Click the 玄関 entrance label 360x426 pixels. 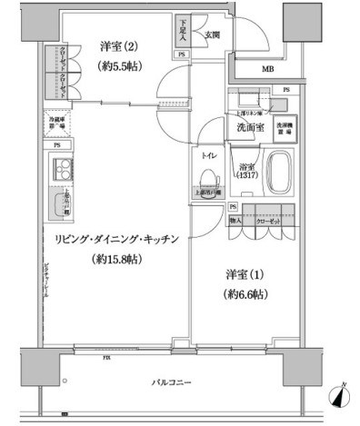click(212, 35)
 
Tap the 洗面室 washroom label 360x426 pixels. click(250, 129)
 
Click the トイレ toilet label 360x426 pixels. click(208, 155)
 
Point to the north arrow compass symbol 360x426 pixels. click(340, 396)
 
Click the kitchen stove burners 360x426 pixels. click(65, 169)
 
